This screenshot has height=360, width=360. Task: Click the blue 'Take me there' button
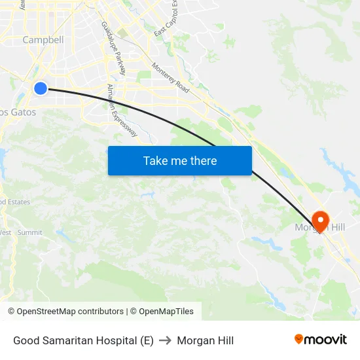pyautogui.click(x=179, y=160)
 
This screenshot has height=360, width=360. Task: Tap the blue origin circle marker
pyautogui.click(x=41, y=88)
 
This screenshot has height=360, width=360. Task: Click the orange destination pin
pyautogui.click(x=321, y=220)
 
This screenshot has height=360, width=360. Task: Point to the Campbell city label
pyautogui.click(x=43, y=40)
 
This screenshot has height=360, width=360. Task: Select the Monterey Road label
pyautogui.click(x=170, y=77)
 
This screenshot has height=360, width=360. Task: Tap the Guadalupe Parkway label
pyautogui.click(x=113, y=47)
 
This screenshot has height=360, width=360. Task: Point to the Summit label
pyautogui.click(x=30, y=232)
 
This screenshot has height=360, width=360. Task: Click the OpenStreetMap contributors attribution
pyautogui.click(x=65, y=312)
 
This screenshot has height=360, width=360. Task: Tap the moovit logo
pyautogui.click(x=321, y=340)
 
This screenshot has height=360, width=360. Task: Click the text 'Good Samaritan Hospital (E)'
pyautogui.click(x=83, y=340)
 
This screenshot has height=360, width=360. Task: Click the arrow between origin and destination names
pyautogui.click(x=165, y=340)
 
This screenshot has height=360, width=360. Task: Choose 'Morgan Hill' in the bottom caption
pyautogui.click(x=205, y=340)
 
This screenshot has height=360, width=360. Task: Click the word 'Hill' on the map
pyautogui.click(x=336, y=228)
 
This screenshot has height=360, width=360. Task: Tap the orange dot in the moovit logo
pyautogui.click(x=299, y=339)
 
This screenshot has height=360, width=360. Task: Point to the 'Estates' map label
pyautogui.click(x=17, y=202)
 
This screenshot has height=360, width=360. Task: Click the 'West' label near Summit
pyautogui.click(x=5, y=232)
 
